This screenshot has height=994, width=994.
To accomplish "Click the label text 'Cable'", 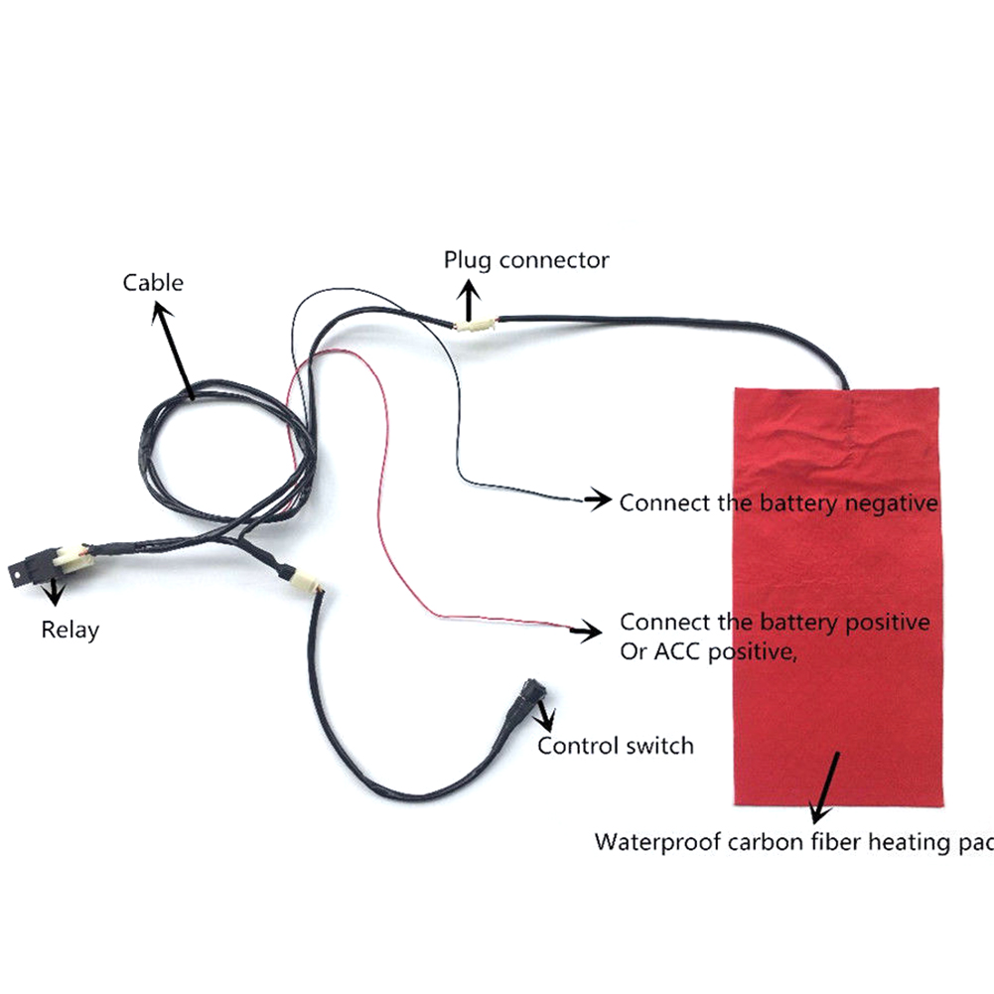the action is (x=153, y=283).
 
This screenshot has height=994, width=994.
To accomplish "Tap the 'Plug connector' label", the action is (x=526, y=260).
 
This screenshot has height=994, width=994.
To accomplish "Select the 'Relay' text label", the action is (x=71, y=631).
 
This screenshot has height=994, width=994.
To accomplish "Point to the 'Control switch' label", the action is (x=616, y=746).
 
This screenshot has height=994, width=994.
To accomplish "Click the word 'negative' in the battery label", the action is (x=892, y=503).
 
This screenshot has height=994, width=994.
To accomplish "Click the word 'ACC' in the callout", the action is (x=677, y=651).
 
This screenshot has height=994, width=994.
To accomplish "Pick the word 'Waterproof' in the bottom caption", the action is (x=657, y=842).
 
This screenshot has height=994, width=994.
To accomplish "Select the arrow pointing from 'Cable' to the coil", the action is (x=173, y=351).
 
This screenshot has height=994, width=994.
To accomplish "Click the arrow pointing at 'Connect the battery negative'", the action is (x=597, y=499).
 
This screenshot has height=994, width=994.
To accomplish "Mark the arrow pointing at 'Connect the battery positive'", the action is (x=586, y=631).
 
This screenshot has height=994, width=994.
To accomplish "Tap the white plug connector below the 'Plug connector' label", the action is (x=476, y=326).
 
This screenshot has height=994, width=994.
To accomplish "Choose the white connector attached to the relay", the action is (x=72, y=557).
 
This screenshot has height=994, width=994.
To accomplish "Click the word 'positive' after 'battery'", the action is (x=888, y=624).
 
